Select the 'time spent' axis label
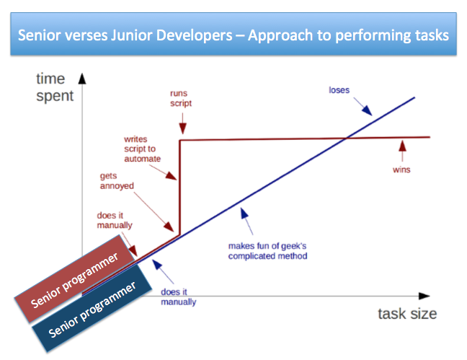click(x=55, y=87)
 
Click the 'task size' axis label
click(x=406, y=313)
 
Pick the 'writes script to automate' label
click(x=142, y=148)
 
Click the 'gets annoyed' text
click(x=117, y=180)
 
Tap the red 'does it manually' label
click(x=115, y=220)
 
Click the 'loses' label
click(x=339, y=89)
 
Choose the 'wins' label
click(x=401, y=170)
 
